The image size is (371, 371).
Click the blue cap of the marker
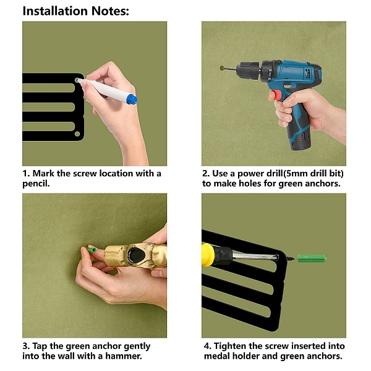coord(132,99)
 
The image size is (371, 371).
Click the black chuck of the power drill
coord(249,69)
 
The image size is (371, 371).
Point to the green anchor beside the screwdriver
coord(312,259)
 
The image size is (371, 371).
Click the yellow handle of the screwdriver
coord(208,255)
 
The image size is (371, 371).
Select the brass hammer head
coord(135,256)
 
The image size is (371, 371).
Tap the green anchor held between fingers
coord(92,250)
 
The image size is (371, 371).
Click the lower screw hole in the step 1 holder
coord(77,134)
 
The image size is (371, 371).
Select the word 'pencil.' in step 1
coord(36,184)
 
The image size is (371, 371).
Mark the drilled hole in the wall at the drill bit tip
coord(222,68)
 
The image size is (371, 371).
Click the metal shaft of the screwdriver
coord(256,256)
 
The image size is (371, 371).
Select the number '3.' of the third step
coord(26,346)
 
